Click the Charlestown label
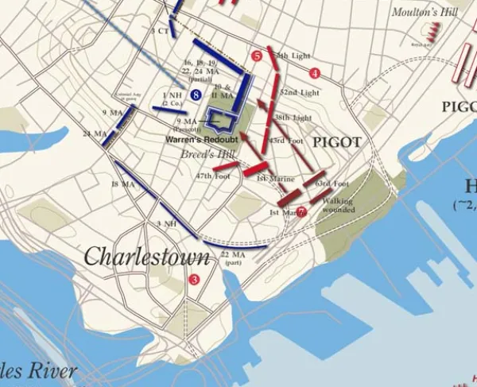pos(147,257)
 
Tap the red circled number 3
pos(194,279)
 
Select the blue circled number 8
pos(195,95)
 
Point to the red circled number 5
pos(256,56)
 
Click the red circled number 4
pos(315,73)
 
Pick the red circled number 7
pos(301,211)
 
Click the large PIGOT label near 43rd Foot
pos(337,142)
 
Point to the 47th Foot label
pos(215,176)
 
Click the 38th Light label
pos(293,117)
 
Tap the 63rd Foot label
pos(332,184)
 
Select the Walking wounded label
pos(338,205)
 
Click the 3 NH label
pos(167,224)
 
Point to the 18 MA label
pos(121,184)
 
